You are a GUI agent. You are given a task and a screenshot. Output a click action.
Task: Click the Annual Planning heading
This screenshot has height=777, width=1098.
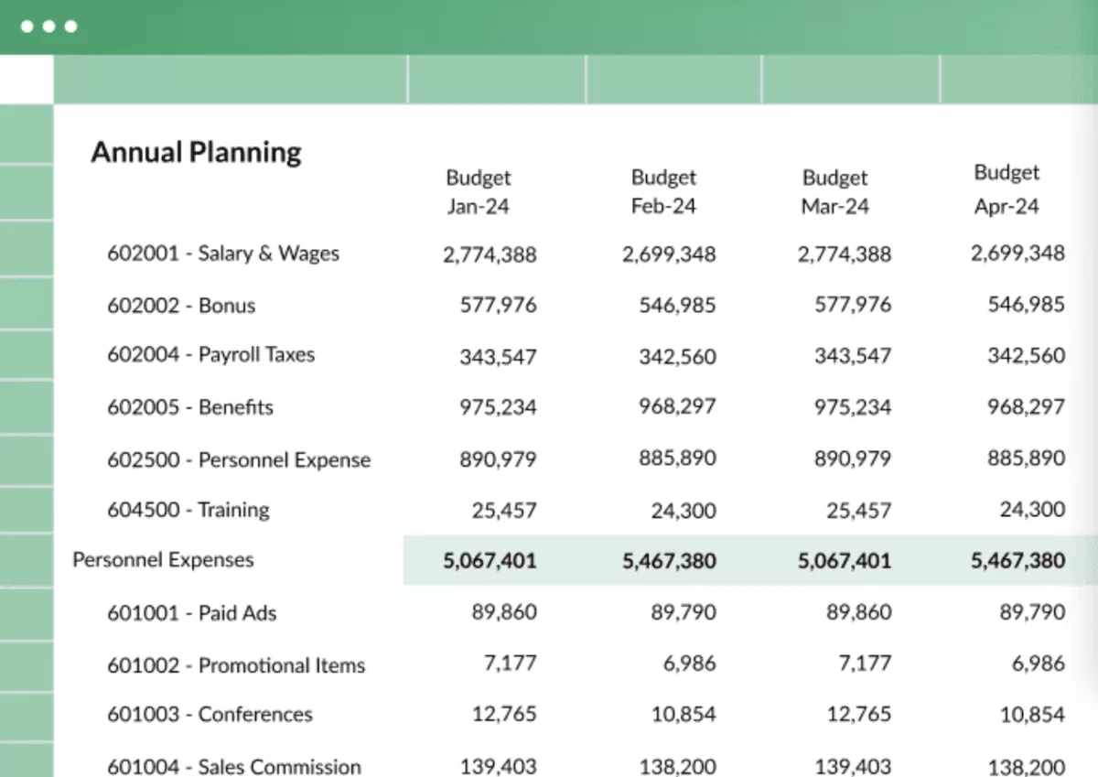tap(196, 152)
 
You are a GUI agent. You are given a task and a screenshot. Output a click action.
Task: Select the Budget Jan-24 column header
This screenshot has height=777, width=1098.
tap(478, 191)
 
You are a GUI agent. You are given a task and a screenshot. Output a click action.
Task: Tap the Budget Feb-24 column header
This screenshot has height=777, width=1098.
tap(663, 191)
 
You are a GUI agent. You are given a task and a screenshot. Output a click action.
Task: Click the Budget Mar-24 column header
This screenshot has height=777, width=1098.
tap(834, 191)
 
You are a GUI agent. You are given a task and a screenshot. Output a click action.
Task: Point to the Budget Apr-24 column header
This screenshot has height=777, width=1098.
tap(1006, 189)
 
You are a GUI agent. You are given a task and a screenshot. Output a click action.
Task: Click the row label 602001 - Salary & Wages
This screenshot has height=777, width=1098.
tap(223, 254)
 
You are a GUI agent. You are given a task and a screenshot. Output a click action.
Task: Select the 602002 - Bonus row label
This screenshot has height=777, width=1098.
tap(181, 306)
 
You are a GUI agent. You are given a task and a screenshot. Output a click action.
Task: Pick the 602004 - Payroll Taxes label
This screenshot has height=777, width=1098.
tap(210, 354)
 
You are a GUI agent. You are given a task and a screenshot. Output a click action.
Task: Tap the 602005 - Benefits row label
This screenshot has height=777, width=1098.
tap(190, 407)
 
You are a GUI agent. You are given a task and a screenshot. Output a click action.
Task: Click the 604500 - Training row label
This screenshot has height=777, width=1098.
tap(188, 510)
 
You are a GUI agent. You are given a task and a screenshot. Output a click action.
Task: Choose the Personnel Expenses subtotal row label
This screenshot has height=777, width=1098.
tap(163, 559)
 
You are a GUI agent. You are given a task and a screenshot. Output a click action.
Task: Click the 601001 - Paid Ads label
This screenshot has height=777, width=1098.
tap(191, 613)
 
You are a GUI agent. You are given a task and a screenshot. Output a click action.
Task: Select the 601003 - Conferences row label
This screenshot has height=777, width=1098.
tap(210, 715)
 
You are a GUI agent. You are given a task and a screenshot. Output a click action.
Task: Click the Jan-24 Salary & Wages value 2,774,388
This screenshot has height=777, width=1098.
tap(490, 255)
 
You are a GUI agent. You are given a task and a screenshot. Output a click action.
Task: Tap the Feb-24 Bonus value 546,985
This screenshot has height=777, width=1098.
tap(677, 306)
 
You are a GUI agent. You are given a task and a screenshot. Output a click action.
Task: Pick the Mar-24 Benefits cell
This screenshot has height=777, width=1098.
tap(852, 407)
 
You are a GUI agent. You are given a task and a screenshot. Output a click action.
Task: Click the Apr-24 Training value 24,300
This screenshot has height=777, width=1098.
tap(1031, 510)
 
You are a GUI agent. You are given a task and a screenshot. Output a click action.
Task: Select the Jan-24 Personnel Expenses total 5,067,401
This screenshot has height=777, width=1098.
tap(490, 561)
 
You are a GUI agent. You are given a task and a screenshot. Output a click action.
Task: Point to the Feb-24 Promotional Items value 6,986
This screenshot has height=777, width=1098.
tap(690, 664)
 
